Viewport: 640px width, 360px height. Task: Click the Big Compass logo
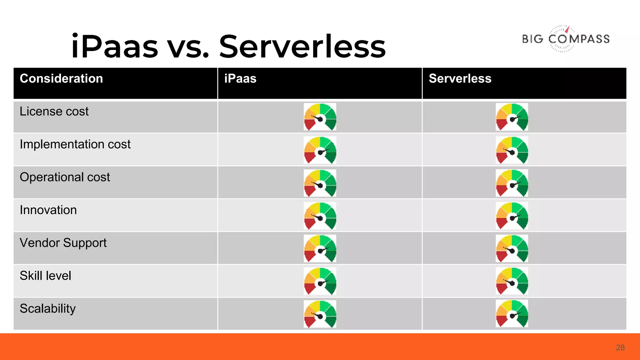[x=566, y=39]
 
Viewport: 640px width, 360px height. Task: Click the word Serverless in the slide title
[x=302, y=47]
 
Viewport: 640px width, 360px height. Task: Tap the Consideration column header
[x=61, y=78]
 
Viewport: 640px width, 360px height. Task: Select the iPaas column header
[x=240, y=78]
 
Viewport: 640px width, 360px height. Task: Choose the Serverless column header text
[x=460, y=78]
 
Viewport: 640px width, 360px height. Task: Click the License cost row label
[x=54, y=112]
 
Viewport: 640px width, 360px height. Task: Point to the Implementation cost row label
[x=75, y=144]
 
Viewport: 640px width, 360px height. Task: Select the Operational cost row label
[x=65, y=177]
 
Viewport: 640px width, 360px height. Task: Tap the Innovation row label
[x=48, y=210]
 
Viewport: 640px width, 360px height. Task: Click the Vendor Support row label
[x=63, y=243]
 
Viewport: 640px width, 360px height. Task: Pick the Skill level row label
[x=45, y=276]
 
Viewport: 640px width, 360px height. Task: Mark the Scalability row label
[x=47, y=308]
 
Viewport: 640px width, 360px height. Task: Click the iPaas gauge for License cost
[x=320, y=117]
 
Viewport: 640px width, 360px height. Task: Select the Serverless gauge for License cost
[x=512, y=117]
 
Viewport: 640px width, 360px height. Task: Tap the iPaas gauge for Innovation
[x=320, y=216]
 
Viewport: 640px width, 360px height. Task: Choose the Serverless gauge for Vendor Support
[x=512, y=248]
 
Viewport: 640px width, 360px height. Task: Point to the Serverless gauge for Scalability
[x=512, y=313]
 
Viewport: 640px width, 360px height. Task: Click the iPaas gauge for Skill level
[x=320, y=281]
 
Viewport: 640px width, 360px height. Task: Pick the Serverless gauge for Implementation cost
[x=512, y=150]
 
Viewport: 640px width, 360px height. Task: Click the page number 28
[x=620, y=347]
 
